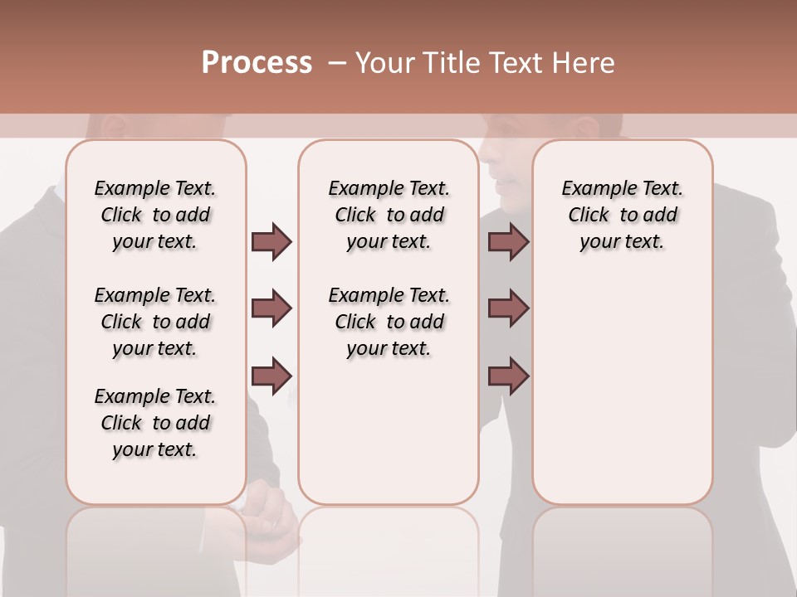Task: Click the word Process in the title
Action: pos(257,62)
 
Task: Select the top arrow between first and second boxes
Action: pos(271,242)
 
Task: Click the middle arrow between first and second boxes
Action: pos(271,308)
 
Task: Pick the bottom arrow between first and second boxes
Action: pos(271,375)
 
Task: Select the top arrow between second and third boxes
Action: pos(508,242)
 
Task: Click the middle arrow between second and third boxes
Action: pos(508,308)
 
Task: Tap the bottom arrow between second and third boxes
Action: pos(508,375)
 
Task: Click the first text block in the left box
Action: pos(155,215)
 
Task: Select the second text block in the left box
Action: pos(155,322)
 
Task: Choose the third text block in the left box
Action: pos(155,423)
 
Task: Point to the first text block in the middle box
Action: pos(389,215)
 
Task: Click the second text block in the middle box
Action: pos(389,322)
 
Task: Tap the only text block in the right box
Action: pos(622,215)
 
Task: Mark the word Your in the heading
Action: pos(386,62)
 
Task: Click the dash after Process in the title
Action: pos(336,62)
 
